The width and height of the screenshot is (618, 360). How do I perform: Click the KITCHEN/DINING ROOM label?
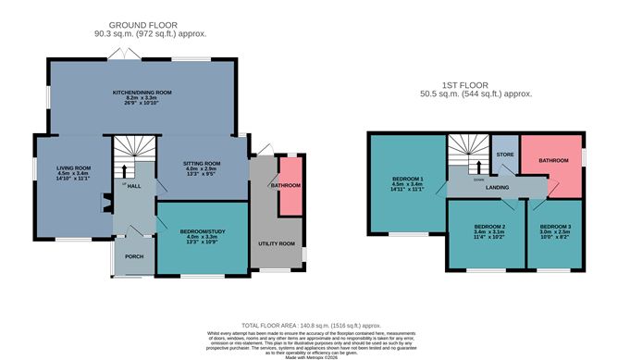coord(142,93)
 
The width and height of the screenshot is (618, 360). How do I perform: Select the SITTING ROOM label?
coord(200,163)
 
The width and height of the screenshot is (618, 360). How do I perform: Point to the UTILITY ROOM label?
coord(276,243)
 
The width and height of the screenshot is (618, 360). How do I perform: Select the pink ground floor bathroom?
coord(290,186)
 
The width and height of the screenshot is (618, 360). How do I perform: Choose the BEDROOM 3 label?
coord(554,227)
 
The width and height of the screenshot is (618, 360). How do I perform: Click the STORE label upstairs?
coord(504,155)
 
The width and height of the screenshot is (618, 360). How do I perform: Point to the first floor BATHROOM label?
coord(553,160)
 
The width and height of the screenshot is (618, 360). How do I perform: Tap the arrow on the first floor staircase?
coord(478,167)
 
